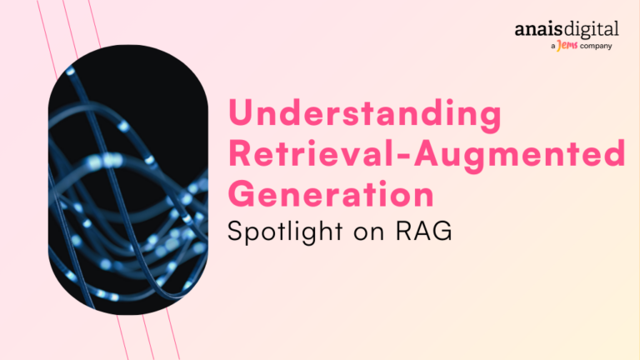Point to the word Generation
[x=331, y=193]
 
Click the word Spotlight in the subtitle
[x=285, y=231]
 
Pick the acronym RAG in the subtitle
[x=423, y=230]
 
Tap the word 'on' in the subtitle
[x=369, y=233]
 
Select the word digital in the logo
[x=592, y=30]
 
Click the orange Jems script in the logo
[x=567, y=45]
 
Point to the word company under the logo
[x=596, y=46]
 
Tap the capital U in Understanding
[x=240, y=112]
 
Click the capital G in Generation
[x=242, y=193]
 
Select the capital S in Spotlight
[x=236, y=231]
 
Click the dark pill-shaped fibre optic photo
[x=128, y=180]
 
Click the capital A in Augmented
[x=428, y=153]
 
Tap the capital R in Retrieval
[x=240, y=153]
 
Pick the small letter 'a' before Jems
[x=553, y=47]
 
